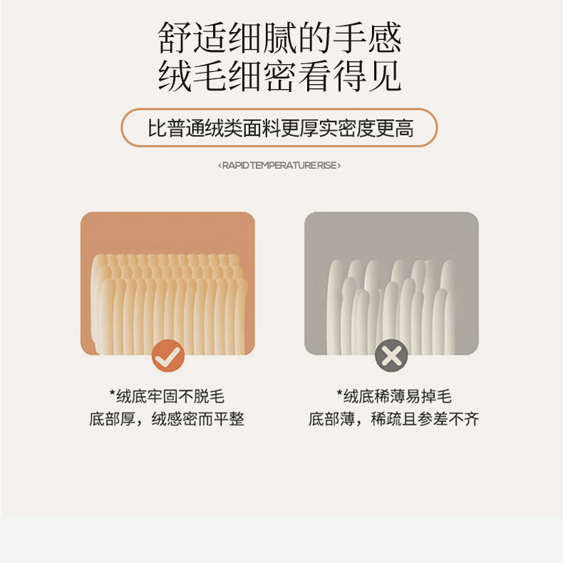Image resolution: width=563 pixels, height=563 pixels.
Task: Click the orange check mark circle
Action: pos(168,356)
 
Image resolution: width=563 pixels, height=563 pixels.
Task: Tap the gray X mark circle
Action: pos(391,356)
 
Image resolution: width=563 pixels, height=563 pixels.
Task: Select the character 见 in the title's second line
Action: pos(384,76)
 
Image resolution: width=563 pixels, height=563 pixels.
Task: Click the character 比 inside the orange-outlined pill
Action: pos(157,128)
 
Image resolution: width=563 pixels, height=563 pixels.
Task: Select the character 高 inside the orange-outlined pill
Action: pos(404,128)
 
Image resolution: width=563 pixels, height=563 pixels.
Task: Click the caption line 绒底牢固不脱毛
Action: pos(170,397)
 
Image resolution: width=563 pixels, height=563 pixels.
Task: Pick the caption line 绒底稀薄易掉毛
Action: pos(398,397)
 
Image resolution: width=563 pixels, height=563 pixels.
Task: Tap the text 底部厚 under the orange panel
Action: pos(112,419)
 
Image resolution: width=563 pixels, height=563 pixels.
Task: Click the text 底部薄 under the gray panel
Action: pos(331,419)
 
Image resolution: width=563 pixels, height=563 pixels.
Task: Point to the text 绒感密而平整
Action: pos(198,419)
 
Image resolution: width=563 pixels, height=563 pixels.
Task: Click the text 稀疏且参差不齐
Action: pos(425,419)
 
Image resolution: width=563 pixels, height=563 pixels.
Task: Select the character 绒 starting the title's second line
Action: pos(174,76)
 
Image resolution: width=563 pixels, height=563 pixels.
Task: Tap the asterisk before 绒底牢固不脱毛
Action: pos(113,393)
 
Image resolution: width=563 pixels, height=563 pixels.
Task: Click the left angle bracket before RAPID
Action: pos(219,165)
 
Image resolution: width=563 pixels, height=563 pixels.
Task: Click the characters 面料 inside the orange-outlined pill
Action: pos(262,128)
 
